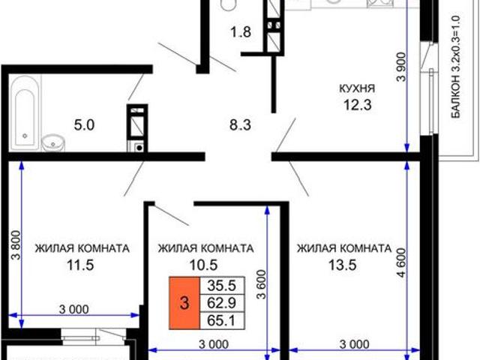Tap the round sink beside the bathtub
52,140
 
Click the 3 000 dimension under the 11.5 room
73,308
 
